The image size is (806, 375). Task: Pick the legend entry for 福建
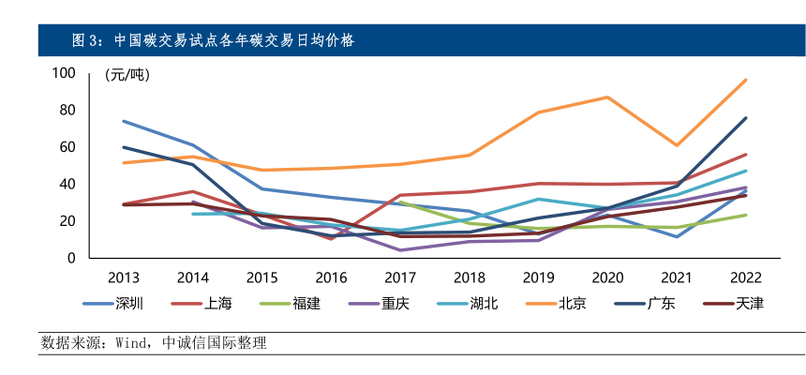click(x=304, y=304)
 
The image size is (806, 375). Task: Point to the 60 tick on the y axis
click(x=67, y=147)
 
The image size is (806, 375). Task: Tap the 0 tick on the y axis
click(x=70, y=258)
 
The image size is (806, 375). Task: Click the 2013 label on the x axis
click(x=123, y=277)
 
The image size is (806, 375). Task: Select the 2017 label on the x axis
click(x=400, y=277)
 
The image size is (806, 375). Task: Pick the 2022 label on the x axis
click(x=746, y=277)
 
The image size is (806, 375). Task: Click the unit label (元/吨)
click(x=127, y=74)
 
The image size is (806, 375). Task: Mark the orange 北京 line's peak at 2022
click(x=746, y=80)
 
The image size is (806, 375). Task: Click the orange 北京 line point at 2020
click(x=607, y=97)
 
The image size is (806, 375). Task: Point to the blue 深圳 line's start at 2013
click(x=123, y=121)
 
